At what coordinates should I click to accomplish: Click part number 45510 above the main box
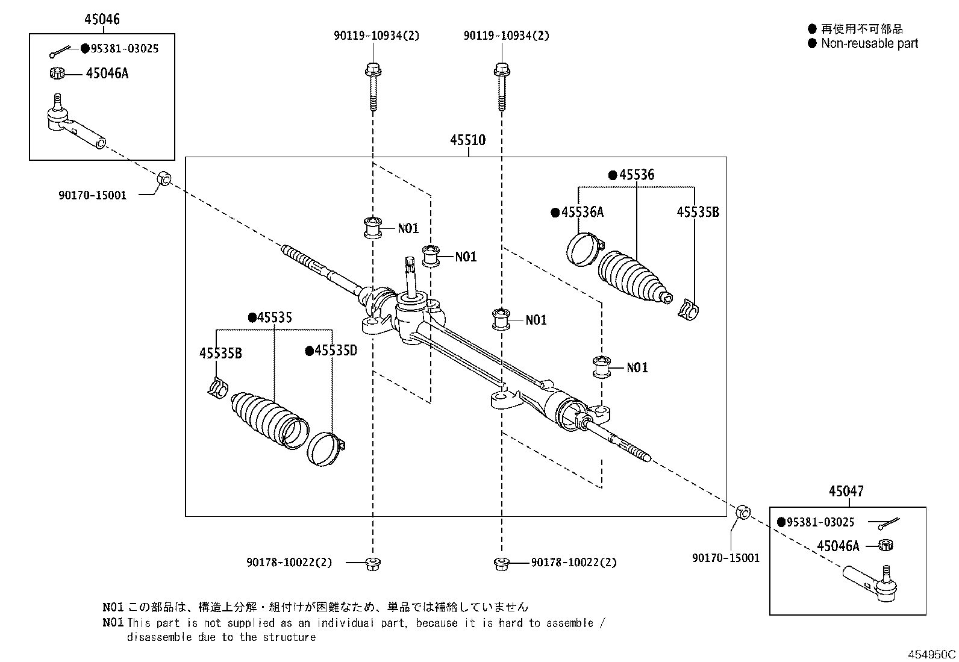click(x=467, y=140)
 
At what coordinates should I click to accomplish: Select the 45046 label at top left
click(x=102, y=19)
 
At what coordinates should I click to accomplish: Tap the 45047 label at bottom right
click(x=846, y=491)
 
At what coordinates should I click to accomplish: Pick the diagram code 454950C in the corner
click(x=932, y=654)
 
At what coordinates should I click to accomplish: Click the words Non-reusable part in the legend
click(x=869, y=43)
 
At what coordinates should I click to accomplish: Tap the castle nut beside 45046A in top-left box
click(x=56, y=73)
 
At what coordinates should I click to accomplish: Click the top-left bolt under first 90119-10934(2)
click(x=372, y=87)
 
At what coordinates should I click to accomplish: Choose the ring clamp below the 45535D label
click(x=326, y=448)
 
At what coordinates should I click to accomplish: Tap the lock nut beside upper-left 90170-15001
click(x=164, y=180)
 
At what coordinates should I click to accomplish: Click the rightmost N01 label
click(x=637, y=367)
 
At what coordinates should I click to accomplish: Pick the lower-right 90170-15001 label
click(x=726, y=558)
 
